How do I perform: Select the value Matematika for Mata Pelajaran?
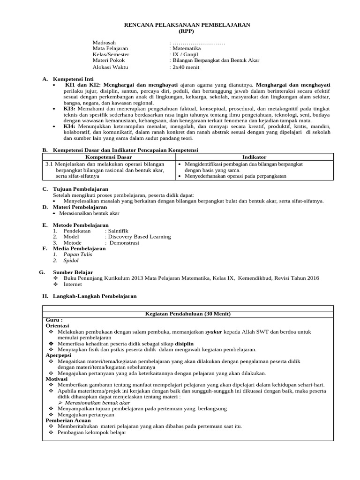(186, 48)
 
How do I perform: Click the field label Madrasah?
(104, 42)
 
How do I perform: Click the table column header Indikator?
(254, 157)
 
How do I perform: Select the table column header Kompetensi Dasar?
(109, 157)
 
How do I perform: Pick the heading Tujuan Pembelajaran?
(74, 189)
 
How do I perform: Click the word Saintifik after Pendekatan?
(118, 231)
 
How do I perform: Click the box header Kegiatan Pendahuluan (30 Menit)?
(187, 314)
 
